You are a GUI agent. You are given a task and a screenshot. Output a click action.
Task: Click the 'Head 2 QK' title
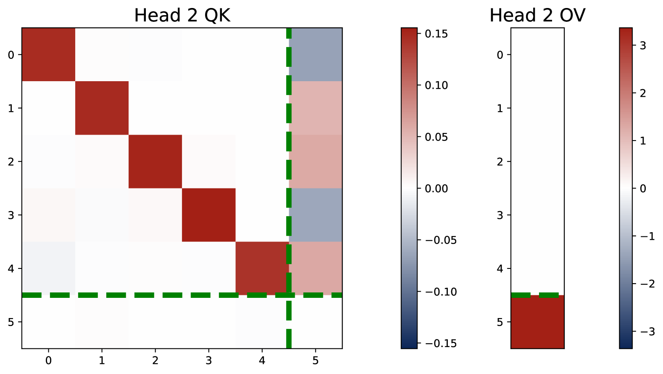pyautogui.click(x=182, y=16)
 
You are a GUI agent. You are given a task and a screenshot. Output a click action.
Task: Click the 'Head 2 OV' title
pyautogui.click(x=537, y=16)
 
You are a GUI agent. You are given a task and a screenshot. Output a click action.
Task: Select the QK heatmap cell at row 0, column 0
pyautogui.click(x=48, y=55)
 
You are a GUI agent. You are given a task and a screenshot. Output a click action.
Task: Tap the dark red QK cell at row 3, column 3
pyautogui.click(x=208, y=215)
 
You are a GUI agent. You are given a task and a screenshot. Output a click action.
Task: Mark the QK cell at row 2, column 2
pyautogui.click(x=155, y=162)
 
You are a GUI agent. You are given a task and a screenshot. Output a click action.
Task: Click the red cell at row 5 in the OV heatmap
pyautogui.click(x=537, y=322)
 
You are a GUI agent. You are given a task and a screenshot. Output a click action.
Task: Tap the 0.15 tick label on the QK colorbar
pyautogui.click(x=436, y=34)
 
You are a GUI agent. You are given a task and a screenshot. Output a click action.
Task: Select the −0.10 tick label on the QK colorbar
pyautogui.click(x=440, y=292)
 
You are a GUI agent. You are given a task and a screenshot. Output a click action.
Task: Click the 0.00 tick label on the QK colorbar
pyautogui.click(x=436, y=188)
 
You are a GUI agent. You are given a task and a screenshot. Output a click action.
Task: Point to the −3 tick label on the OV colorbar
pyautogui.click(x=646, y=332)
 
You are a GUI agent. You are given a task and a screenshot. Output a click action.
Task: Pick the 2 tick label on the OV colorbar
pyautogui.click(x=643, y=93)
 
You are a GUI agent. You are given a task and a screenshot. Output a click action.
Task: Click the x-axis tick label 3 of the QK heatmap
pyautogui.click(x=208, y=361)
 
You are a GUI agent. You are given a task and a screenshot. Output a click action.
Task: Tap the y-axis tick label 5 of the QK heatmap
pyautogui.click(x=11, y=322)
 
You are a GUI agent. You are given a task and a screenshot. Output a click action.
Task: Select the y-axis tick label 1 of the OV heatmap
pyautogui.click(x=500, y=109)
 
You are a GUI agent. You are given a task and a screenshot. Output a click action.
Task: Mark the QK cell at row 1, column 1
pyautogui.click(x=102, y=108)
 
